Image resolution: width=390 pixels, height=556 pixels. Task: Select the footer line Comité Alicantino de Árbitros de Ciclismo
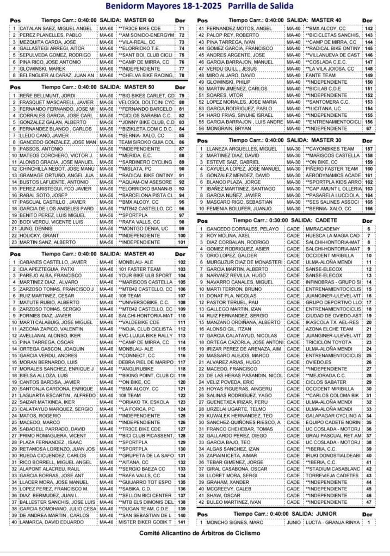pos(198,533)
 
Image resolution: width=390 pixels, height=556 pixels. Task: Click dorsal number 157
pos(368,148)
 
